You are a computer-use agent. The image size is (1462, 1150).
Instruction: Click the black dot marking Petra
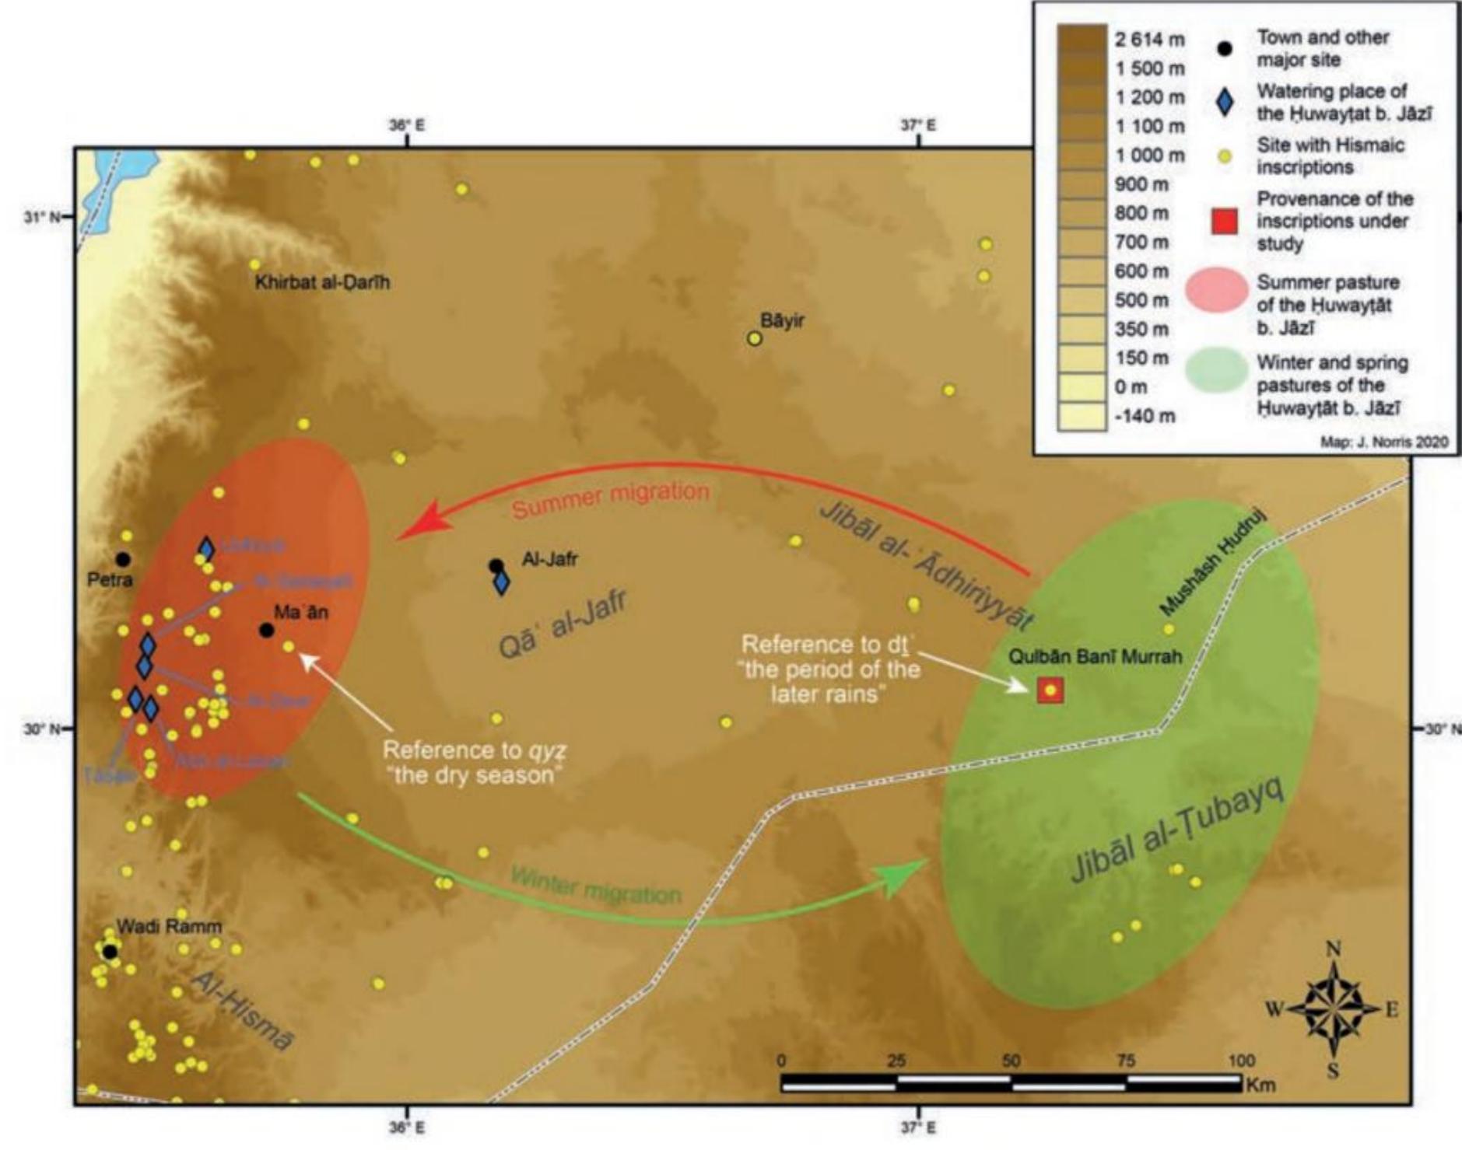pyautogui.click(x=122, y=559)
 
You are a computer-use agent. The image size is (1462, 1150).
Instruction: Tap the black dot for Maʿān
pyautogui.click(x=267, y=630)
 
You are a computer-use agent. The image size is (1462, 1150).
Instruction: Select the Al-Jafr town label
pyautogui.click(x=549, y=558)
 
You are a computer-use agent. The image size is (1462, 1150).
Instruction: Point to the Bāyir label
pyautogui.click(x=782, y=321)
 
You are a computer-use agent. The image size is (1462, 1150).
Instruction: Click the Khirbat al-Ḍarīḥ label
pyautogui.click(x=322, y=282)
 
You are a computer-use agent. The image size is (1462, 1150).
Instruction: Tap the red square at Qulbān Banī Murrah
pyautogui.click(x=1050, y=690)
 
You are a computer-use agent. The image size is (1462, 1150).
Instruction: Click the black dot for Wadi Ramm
pyautogui.click(x=110, y=952)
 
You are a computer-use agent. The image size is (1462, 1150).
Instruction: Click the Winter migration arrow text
pyautogui.click(x=595, y=886)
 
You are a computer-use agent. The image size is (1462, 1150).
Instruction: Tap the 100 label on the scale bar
pyautogui.click(x=1241, y=1061)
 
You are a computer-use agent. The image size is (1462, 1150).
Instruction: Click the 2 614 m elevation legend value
pyautogui.click(x=1150, y=40)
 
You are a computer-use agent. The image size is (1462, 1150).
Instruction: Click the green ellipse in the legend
pyautogui.click(x=1217, y=368)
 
